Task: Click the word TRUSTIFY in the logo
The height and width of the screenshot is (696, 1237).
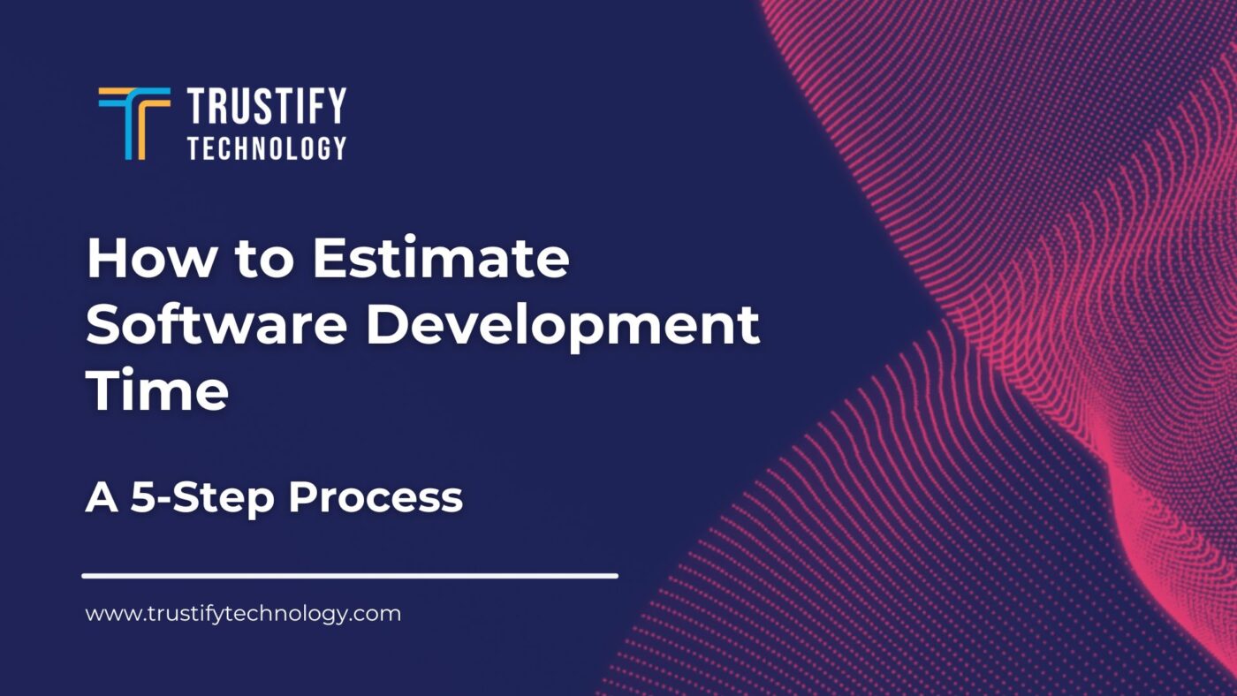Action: [266, 107]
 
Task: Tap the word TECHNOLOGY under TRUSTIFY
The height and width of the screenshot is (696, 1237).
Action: [266, 148]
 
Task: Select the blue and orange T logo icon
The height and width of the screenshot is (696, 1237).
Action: [134, 123]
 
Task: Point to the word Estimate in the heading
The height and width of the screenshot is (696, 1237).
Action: [440, 259]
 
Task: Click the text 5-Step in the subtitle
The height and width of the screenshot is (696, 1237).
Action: [204, 497]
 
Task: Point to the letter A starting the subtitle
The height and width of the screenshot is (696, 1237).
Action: [102, 497]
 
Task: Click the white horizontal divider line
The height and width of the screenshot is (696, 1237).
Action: [350, 576]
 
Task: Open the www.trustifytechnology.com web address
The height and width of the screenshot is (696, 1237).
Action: [243, 613]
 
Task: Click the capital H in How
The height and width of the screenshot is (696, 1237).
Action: [107, 259]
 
